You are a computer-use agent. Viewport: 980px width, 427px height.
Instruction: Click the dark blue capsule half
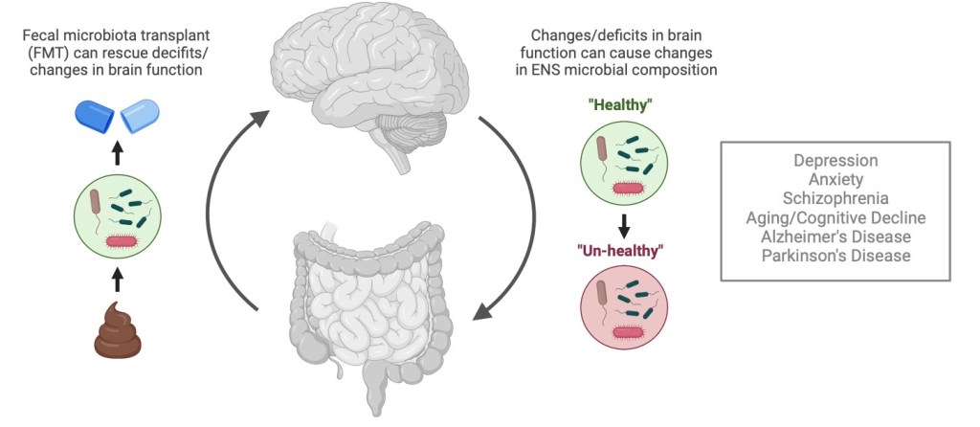pos(96,117)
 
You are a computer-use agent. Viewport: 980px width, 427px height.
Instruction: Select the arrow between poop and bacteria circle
pos(117,278)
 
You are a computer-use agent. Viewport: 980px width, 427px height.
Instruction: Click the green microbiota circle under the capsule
pos(117,214)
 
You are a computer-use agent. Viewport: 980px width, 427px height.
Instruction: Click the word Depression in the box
pos(835,161)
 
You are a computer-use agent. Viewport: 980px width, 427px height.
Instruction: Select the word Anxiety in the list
pos(835,179)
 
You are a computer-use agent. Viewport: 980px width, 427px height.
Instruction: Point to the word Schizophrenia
pos(835,198)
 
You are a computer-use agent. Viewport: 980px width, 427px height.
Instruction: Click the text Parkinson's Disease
pos(835,256)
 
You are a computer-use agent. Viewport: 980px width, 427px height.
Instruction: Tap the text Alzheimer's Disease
pos(835,236)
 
